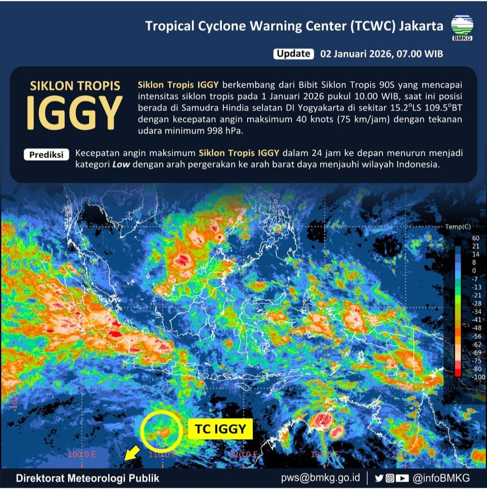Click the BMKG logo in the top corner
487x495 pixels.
point(462,26)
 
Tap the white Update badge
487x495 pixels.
point(293,54)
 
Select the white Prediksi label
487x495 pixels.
point(46,154)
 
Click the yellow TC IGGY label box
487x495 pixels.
point(221,429)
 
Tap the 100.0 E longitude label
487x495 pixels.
point(82,454)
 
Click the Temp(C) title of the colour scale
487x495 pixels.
point(458,227)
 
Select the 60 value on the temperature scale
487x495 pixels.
point(463,238)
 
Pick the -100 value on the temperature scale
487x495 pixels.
point(465,376)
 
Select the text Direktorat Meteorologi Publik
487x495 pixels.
point(87,478)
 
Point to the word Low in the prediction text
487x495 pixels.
point(121,165)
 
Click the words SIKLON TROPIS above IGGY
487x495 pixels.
point(75,86)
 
